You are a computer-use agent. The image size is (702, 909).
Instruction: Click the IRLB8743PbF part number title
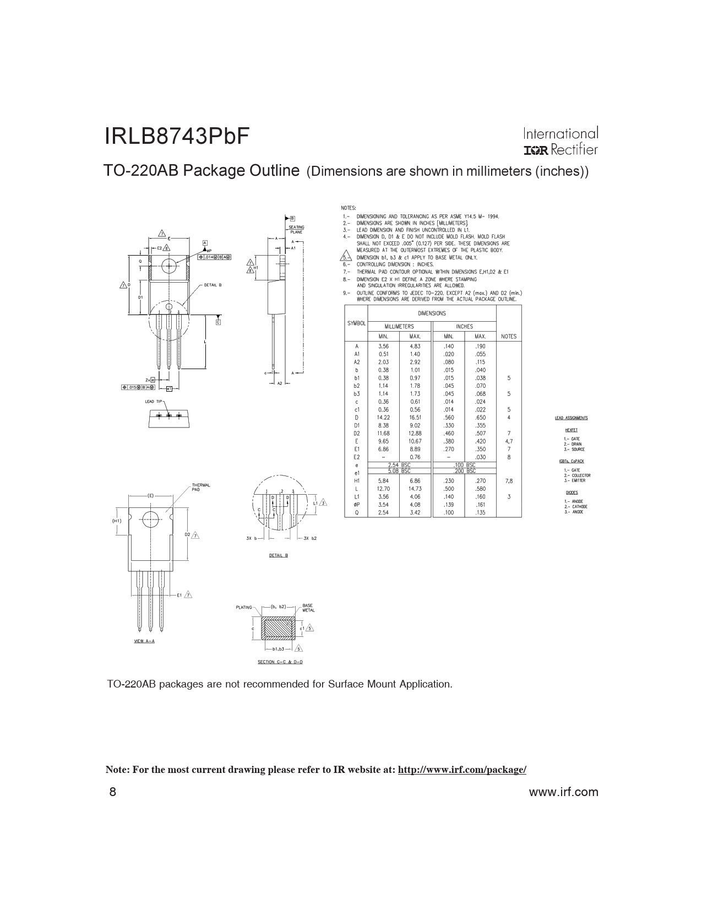177,137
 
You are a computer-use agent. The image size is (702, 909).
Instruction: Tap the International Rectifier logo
560,142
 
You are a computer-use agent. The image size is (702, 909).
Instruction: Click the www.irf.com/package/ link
461,770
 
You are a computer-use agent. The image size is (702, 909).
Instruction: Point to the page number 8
113,792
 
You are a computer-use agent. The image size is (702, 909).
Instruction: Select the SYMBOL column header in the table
356,323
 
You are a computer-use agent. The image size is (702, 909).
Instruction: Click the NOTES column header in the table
509,336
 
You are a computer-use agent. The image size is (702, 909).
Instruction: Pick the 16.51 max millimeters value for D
415,418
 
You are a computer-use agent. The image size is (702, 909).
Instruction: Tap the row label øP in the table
356,505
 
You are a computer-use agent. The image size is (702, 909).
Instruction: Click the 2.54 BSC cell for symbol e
399,465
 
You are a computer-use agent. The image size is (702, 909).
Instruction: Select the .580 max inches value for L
480,489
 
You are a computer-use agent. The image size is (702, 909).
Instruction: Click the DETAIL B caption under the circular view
278,555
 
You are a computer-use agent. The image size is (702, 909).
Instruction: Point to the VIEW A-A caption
144,641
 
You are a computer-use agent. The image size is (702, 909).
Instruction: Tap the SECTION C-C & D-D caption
280,662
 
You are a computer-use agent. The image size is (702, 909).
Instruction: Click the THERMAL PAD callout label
200,487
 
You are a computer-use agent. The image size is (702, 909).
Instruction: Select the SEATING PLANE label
296,229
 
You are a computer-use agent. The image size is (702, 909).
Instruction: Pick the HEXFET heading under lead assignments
571,430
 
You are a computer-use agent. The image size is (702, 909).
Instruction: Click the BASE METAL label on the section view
308,608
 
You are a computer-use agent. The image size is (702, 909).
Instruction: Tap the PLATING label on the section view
244,607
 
